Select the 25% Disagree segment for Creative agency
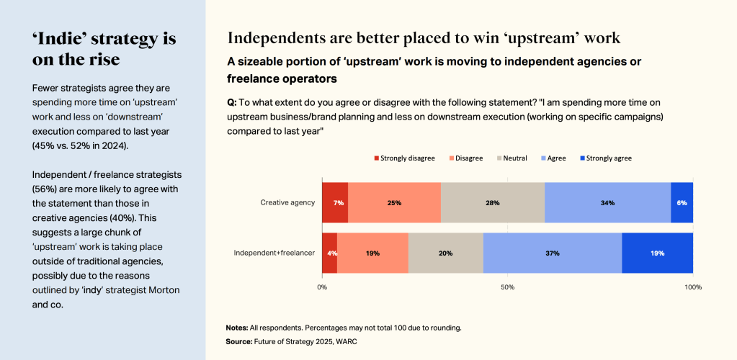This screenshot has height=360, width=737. pos(394,202)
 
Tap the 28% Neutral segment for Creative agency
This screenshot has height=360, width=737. pos(493,202)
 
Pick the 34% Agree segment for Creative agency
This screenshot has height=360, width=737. pos(607,202)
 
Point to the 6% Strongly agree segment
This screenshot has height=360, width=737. pos(682,202)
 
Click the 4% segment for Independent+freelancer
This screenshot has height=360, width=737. pos(329,253)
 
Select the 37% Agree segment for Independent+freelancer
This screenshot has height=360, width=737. pos(552,253)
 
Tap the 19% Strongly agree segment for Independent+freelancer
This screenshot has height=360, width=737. pos(657,253)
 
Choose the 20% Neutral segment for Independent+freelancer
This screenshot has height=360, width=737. pos(445,253)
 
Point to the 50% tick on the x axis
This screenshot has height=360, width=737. pos(507,287)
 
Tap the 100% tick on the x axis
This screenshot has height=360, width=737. pos(693,287)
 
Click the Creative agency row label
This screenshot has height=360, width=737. pos(287,202)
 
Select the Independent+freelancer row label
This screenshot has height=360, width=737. pos(274,253)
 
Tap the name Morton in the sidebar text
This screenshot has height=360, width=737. pos(160,289)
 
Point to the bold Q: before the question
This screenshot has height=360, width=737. pos(232,103)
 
